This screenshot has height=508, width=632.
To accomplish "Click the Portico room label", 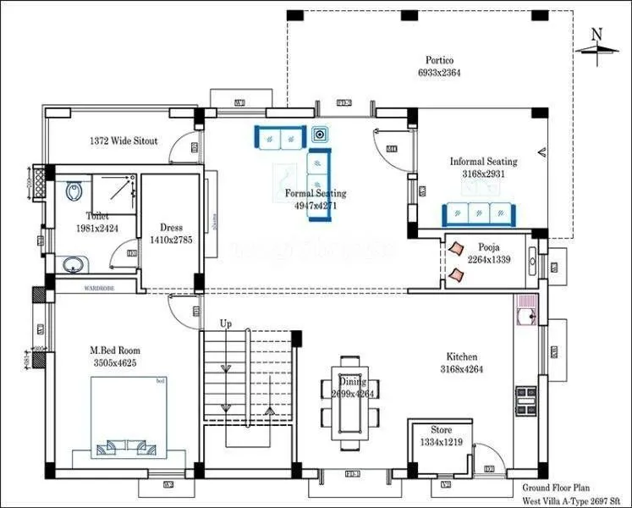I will tap(439, 61).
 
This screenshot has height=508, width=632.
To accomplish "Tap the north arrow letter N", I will tap(596, 35).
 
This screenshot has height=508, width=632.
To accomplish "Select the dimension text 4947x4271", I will tap(315, 206).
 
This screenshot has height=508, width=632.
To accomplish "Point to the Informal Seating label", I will tap(483, 162).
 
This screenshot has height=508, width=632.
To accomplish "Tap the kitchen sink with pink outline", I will tap(524, 317).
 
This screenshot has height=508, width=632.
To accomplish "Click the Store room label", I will tap(441, 430).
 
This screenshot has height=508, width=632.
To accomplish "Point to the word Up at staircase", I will tap(226, 324).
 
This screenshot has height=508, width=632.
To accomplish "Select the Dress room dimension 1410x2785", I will tap(172, 240).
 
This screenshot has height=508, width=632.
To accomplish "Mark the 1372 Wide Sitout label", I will tap(124, 141).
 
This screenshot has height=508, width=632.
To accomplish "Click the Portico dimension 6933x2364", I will tap(439, 74).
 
